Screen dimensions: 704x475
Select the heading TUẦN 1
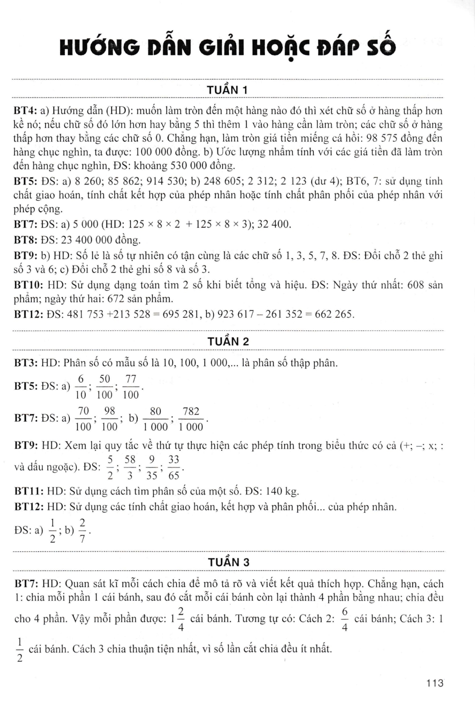[x=228, y=90]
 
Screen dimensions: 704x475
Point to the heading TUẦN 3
[x=228, y=562]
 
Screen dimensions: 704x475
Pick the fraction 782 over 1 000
[x=191, y=419]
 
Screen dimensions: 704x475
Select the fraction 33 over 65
[x=173, y=467]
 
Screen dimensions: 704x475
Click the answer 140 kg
[x=282, y=491]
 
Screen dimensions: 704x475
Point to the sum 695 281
[x=182, y=314]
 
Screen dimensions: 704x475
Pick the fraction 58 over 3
[x=130, y=467]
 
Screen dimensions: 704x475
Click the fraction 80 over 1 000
[x=155, y=419]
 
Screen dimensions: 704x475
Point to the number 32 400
[x=274, y=225]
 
